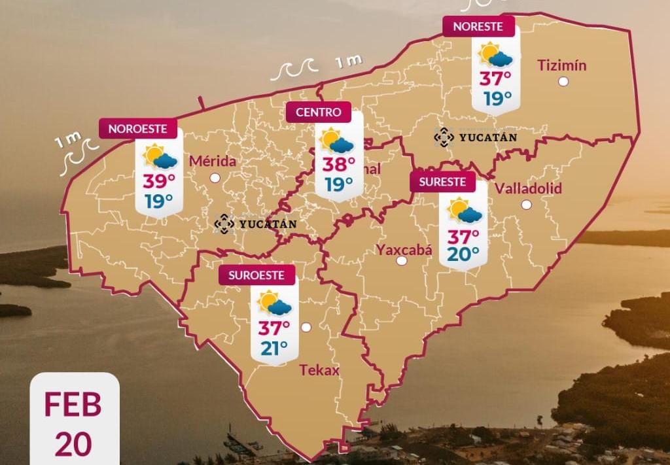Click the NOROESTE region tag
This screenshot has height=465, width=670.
point(138,129)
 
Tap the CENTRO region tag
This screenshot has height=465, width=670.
point(319,112)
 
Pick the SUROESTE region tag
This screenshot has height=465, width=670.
point(256,275)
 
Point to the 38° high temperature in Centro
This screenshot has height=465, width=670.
point(338,164)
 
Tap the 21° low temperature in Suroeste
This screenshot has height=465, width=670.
point(275,349)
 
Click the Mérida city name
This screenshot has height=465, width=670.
point(212,161)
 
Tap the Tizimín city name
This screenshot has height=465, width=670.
point(561,65)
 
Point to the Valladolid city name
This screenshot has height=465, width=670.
point(528,189)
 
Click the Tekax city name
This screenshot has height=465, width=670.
point(319,371)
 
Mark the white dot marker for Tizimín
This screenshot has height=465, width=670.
point(563,82)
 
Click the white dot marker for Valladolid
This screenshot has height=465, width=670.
point(527,205)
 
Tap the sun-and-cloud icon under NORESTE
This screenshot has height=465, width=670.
point(495,55)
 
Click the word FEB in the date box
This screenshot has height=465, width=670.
point(73,405)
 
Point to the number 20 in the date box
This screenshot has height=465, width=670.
point(73,444)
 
